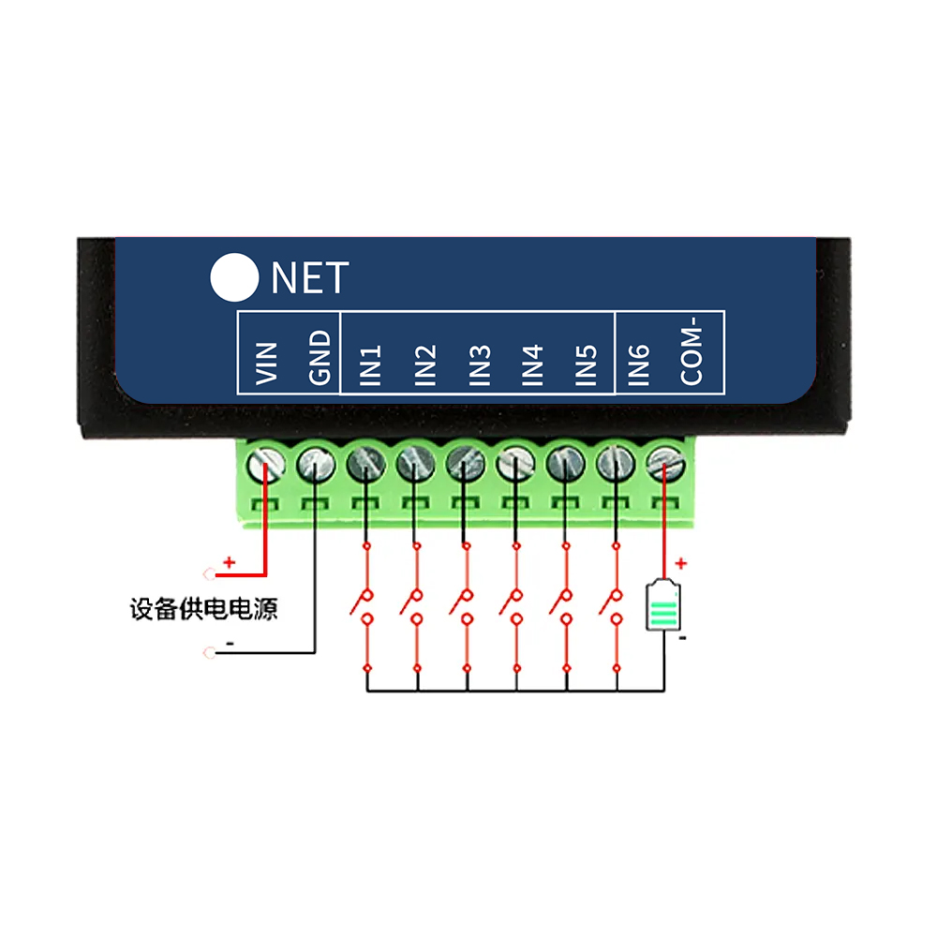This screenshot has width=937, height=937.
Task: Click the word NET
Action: pos(309,278)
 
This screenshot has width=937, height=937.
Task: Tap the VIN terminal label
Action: pos(267,362)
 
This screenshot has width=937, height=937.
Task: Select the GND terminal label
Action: pos(320,358)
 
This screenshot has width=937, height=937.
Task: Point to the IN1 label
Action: pos(372,366)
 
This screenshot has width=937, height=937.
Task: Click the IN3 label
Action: pos(480,366)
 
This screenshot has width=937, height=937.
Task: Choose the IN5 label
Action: pos(586,366)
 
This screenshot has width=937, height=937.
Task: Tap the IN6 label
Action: pos(638,366)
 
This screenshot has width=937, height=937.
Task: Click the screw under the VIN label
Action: pos(265,462)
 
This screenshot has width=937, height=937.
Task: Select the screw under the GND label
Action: pos(316,462)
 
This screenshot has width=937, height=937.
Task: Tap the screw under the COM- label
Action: pos(665,462)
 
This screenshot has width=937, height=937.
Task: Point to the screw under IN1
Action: pos(365,462)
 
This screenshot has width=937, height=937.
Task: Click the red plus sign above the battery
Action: pos(681,564)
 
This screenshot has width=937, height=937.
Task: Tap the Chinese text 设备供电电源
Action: pos(203,610)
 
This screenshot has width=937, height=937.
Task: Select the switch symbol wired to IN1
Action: pos(364,604)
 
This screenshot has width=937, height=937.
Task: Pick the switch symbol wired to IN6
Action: pos(614,604)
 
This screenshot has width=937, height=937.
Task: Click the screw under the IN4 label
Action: pos(515,462)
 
